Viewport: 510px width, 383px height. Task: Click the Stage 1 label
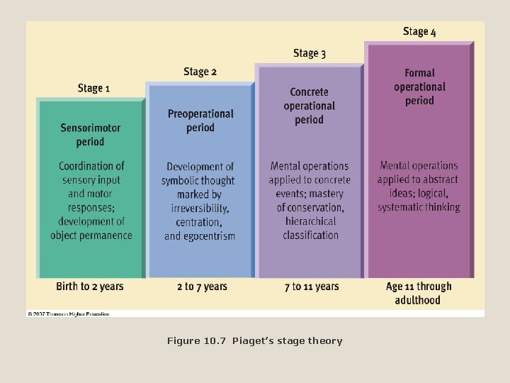pyautogui.click(x=93, y=88)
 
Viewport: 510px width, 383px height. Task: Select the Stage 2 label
pyautogui.click(x=200, y=71)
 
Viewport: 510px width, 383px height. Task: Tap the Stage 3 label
pyautogui.click(x=310, y=53)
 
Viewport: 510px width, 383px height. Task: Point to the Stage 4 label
pyautogui.click(x=419, y=31)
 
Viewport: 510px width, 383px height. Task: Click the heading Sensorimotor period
pyautogui.click(x=90, y=135)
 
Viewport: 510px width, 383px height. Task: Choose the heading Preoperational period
pyautogui.click(x=200, y=121)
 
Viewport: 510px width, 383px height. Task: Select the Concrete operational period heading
pyautogui.click(x=310, y=106)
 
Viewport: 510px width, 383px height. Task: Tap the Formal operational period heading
pyautogui.click(x=419, y=87)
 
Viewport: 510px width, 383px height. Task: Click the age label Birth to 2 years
pyautogui.click(x=90, y=287)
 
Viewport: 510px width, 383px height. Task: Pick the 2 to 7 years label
pyautogui.click(x=202, y=287)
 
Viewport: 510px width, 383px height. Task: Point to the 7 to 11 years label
pyautogui.click(x=312, y=287)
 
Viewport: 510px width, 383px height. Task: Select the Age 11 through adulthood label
pyautogui.click(x=419, y=293)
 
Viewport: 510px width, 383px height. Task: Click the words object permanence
pyautogui.click(x=91, y=235)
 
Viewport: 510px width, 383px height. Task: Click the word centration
pyautogui.click(x=199, y=222)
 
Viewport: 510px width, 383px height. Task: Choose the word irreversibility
pyautogui.click(x=200, y=208)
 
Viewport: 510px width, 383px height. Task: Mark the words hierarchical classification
pyautogui.click(x=310, y=228)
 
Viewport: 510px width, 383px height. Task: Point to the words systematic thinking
pyautogui.click(x=419, y=207)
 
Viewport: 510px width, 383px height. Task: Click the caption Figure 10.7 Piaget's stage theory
pyautogui.click(x=254, y=341)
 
